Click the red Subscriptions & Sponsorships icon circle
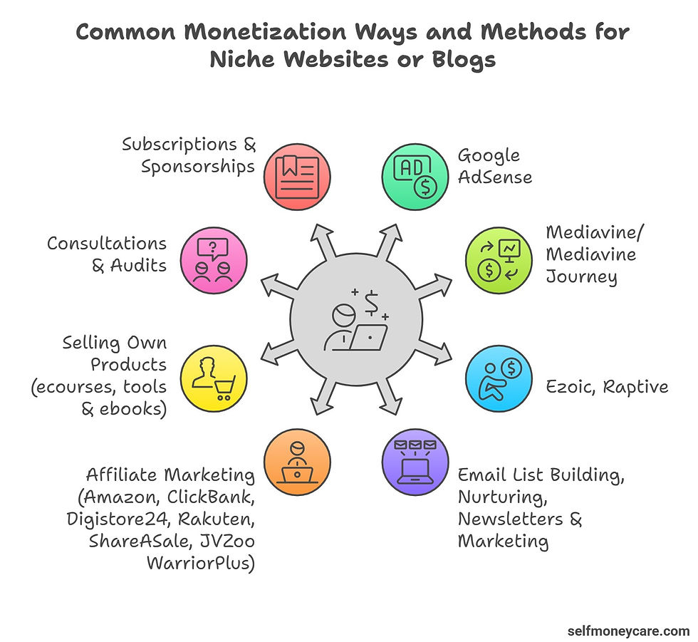(296, 175)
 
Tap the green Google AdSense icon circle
(415, 175)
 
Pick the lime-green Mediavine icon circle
(498, 257)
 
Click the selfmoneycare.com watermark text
(627, 630)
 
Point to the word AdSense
(495, 177)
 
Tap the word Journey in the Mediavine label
(581, 276)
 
